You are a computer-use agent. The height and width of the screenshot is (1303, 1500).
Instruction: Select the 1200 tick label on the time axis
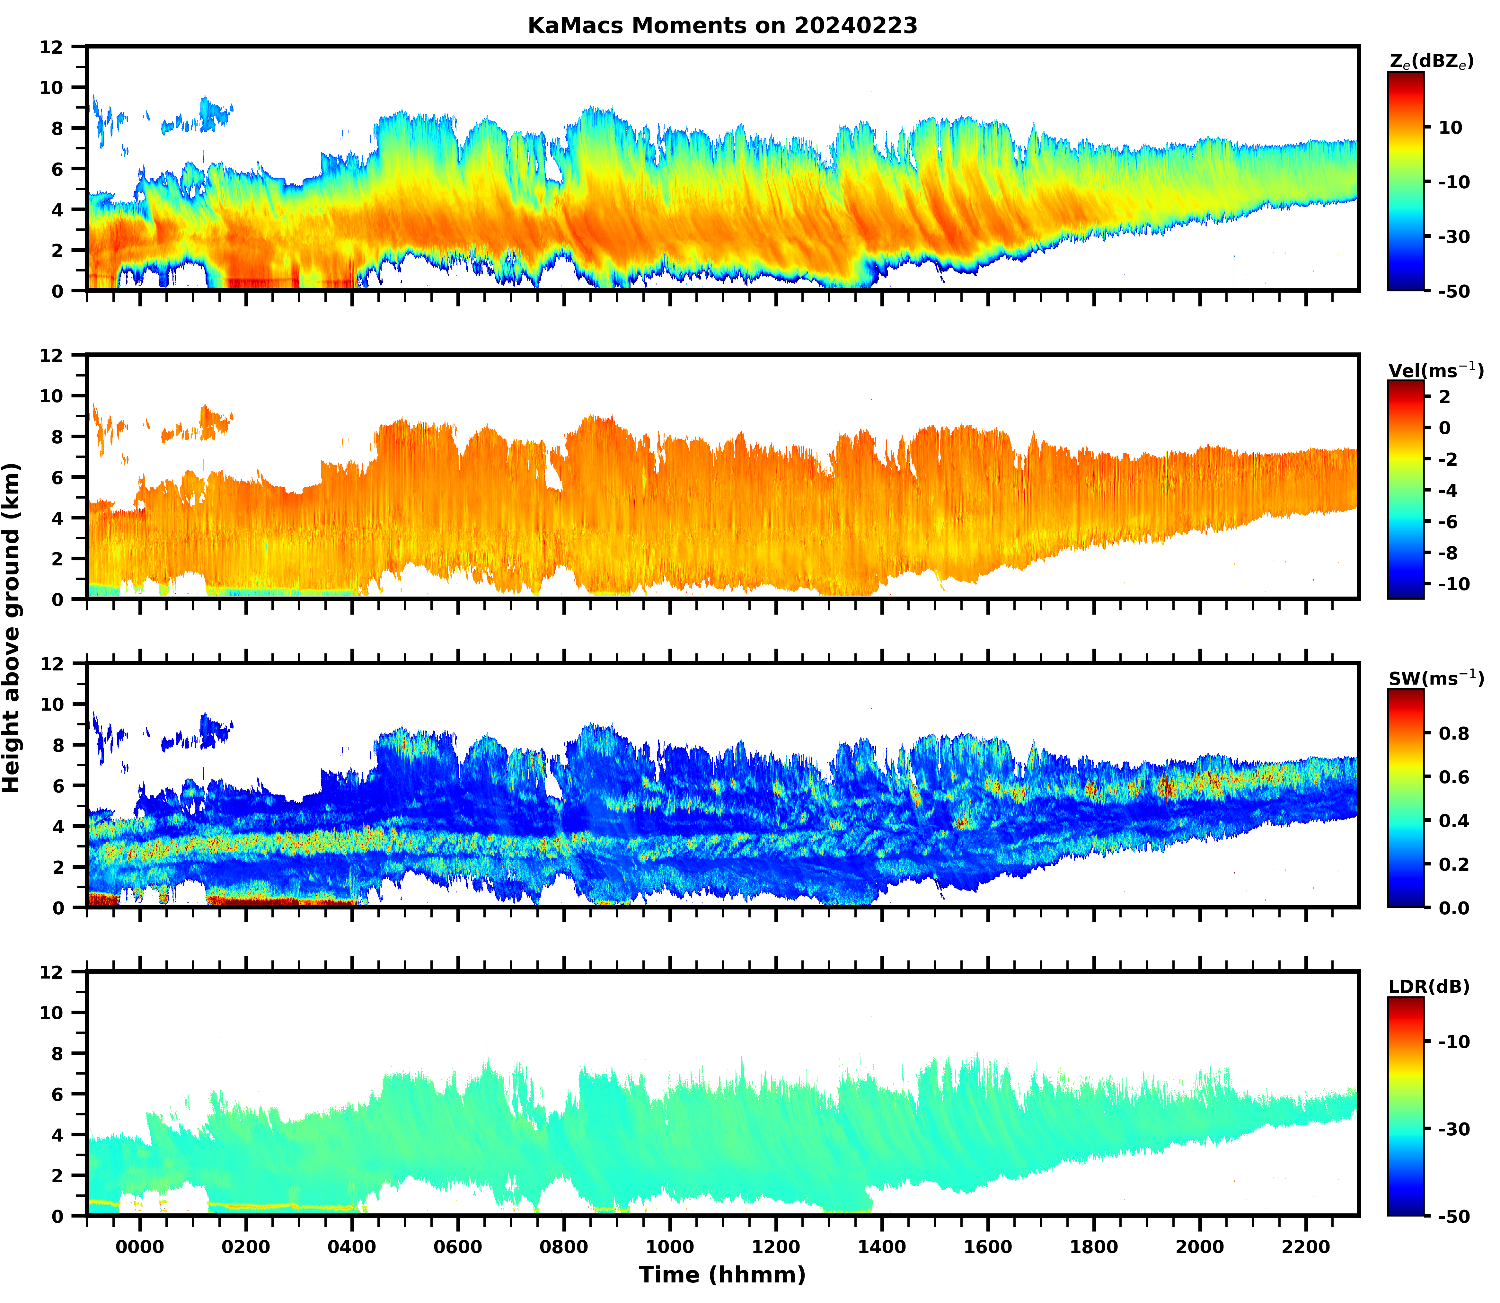pyautogui.click(x=776, y=1246)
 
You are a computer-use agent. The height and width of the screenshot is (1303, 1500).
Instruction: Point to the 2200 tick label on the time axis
pyautogui.click(x=1306, y=1246)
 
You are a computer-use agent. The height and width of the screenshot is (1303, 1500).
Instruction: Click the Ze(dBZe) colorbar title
pyautogui.click(x=1431, y=63)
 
